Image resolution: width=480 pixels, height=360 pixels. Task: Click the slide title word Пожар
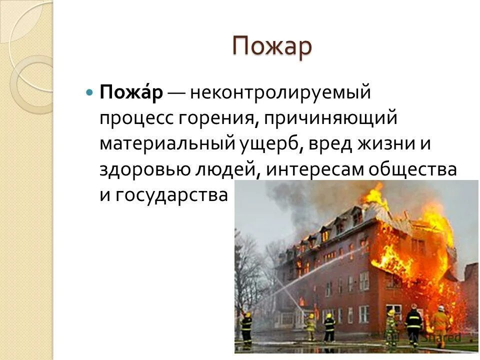coord(272,47)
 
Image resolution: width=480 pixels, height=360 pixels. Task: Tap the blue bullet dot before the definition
coord(89,93)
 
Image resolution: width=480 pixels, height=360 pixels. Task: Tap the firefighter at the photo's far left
coord(246,327)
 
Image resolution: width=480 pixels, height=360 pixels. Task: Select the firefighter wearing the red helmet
coord(413,322)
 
